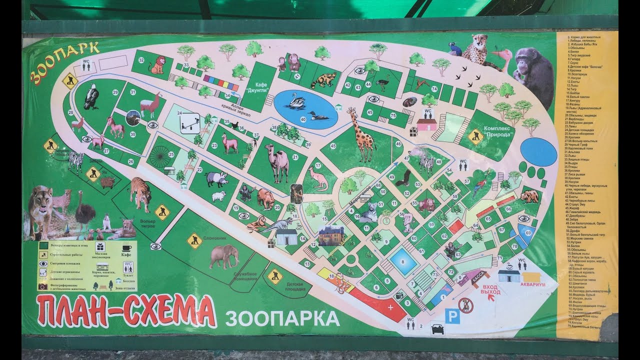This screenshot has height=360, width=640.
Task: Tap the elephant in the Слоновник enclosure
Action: click(x=223, y=256)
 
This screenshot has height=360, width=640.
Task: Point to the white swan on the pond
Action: click(x=296, y=101)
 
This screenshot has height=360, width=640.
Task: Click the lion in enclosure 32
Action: click(x=158, y=64)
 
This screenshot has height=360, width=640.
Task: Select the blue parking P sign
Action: click(x=452, y=315)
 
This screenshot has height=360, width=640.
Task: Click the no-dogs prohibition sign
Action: click(x=465, y=305)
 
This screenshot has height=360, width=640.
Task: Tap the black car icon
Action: click(x=437, y=329)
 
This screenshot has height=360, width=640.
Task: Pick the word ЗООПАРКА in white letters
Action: click(x=282, y=317)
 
